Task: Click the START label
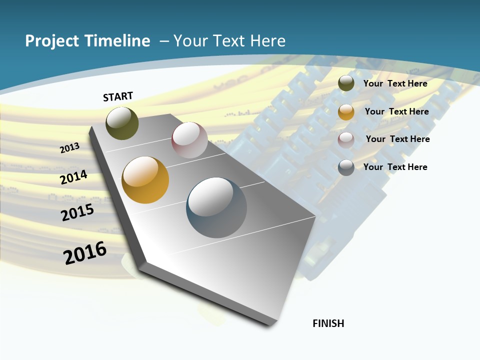(x=118, y=96)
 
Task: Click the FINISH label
(x=328, y=323)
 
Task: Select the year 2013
(x=70, y=147)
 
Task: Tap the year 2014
(x=73, y=177)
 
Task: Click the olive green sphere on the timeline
(x=122, y=123)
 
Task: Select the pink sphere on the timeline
(x=189, y=140)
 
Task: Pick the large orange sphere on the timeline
(x=145, y=180)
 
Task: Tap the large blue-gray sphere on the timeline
(x=216, y=207)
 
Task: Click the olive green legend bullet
(x=346, y=83)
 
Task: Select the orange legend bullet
(x=346, y=112)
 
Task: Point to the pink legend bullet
(x=346, y=140)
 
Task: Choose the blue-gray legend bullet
(x=346, y=167)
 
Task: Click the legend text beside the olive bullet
(x=395, y=83)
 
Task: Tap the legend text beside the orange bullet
(x=396, y=111)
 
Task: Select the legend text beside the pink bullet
(x=397, y=139)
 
